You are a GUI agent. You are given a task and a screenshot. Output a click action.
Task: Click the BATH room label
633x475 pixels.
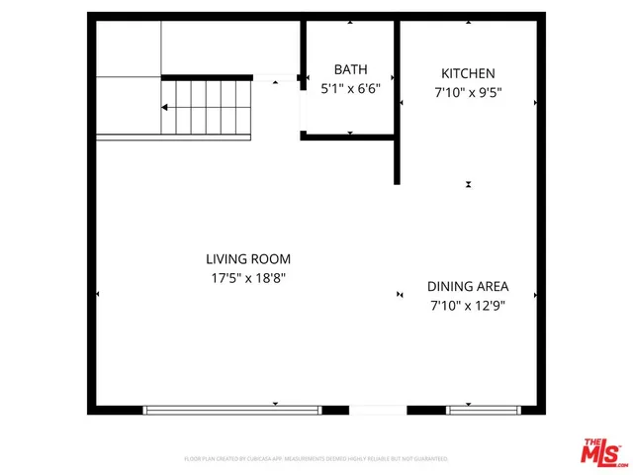pos(350,69)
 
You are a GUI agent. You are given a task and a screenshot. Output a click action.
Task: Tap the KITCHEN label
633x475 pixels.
pos(468,73)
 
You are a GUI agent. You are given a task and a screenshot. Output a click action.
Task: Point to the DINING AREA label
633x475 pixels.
pos(468,286)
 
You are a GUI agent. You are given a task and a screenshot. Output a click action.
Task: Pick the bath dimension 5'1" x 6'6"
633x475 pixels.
pos(350,87)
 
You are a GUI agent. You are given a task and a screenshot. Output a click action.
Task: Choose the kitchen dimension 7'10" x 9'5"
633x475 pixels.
pos(468,93)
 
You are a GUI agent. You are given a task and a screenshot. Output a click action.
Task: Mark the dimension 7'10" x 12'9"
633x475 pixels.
pos(468,306)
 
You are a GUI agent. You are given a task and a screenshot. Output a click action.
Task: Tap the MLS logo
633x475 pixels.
pos(604,452)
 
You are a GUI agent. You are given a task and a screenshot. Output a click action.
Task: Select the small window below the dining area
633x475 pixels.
pos(484,409)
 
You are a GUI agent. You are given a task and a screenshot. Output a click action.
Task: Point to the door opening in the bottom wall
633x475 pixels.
pos(378,409)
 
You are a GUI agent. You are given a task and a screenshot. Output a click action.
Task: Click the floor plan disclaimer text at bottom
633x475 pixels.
pos(316,459)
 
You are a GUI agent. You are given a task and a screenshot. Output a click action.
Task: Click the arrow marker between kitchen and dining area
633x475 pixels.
pos(469,184)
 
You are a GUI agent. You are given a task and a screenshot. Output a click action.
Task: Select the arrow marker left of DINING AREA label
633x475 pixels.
pos(400,294)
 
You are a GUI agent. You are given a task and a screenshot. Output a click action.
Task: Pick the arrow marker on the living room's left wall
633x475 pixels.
pos(97,294)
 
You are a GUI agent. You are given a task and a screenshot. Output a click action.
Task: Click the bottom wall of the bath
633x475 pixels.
pos(349,138)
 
